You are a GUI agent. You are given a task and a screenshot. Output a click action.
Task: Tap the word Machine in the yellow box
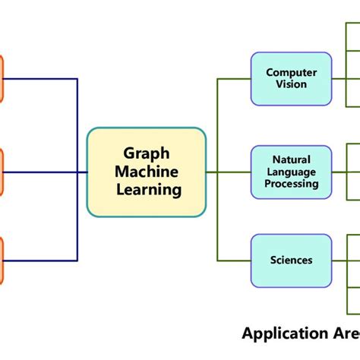tap(147, 172)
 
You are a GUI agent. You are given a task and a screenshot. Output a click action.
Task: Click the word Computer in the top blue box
tap(291, 73)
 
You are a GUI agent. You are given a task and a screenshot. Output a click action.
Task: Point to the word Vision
tap(291, 84)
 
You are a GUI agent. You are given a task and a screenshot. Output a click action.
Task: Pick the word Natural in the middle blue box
tap(292, 160)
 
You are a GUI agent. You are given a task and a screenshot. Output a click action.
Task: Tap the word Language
tap(292, 172)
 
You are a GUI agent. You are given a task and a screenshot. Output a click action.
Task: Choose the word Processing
tap(292, 183)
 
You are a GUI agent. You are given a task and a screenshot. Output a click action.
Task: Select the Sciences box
tap(292, 260)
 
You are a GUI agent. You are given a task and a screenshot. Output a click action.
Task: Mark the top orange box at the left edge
tap(2, 78)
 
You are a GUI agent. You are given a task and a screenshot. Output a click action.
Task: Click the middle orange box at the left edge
tap(2, 172)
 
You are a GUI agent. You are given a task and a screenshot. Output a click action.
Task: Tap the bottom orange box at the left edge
tap(2, 260)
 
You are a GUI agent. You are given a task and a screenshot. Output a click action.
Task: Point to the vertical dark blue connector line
tap(77, 125)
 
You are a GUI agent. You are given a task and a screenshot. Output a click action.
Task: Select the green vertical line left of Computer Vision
tap(218, 122)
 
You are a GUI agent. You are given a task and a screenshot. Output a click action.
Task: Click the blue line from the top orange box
tap(42, 78)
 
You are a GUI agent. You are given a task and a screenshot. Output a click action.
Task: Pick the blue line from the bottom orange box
tap(42, 260)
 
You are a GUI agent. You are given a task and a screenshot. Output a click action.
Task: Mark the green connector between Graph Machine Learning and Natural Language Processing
tap(228, 172)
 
